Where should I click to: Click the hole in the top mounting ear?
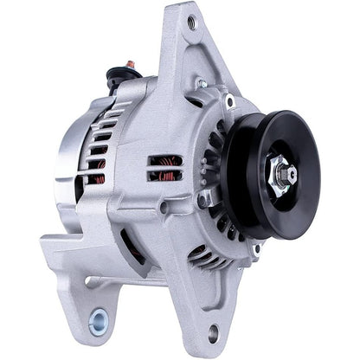tap(190, 23)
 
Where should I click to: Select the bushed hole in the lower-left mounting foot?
tap(97, 321)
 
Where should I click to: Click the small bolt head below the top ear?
tap(200, 84)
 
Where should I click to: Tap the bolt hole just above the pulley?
tap(229, 100)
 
